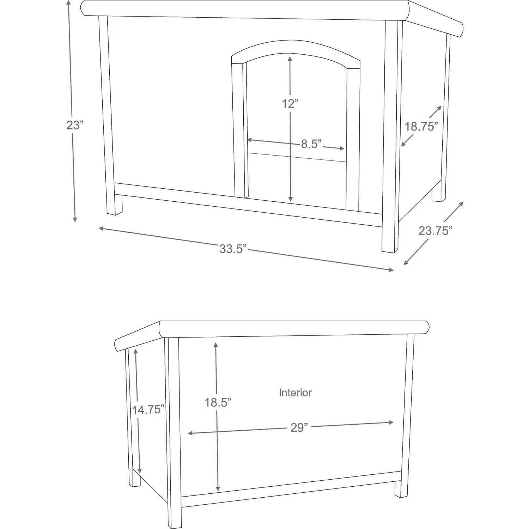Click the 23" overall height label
(x=75, y=125)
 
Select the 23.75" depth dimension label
(x=435, y=231)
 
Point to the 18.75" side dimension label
(x=421, y=126)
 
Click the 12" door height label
(x=290, y=104)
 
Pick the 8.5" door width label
(x=311, y=144)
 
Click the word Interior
(x=295, y=393)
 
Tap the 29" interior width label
(x=299, y=427)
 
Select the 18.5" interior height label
(x=218, y=402)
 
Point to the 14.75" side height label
(x=148, y=409)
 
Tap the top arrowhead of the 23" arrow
(x=69, y=3)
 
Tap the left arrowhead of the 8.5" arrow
(x=249, y=140)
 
